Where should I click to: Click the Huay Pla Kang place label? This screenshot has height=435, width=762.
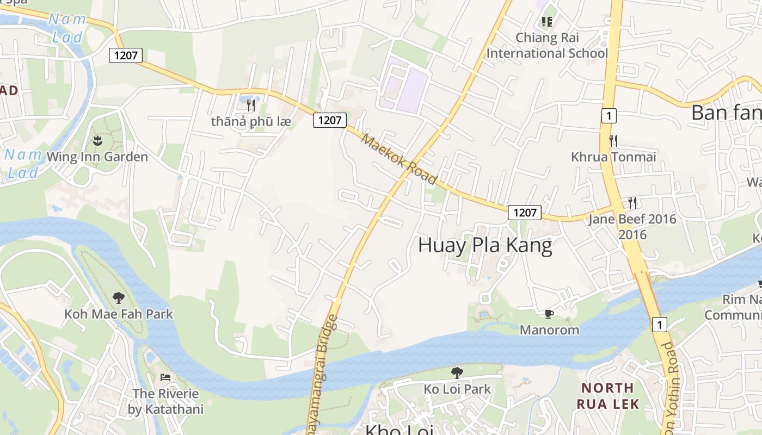(485, 246)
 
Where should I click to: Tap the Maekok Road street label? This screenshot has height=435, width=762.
(400, 159)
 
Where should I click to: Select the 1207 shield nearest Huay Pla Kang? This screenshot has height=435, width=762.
(525, 213)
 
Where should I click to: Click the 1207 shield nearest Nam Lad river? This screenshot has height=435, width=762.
(126, 55)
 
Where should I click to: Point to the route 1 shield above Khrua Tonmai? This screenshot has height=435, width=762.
(609, 115)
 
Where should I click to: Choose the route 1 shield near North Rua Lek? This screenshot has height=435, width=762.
(659, 325)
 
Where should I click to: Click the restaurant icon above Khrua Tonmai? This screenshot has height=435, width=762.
(613, 141)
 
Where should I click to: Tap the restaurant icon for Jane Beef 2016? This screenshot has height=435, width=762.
(632, 203)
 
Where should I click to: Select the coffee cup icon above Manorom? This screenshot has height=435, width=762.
(549, 314)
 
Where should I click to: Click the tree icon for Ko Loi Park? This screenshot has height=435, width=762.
(457, 372)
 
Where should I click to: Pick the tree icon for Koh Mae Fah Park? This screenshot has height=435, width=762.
(118, 297)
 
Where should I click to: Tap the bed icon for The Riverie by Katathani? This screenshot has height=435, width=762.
(165, 377)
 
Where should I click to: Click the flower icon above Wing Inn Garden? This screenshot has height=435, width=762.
(97, 141)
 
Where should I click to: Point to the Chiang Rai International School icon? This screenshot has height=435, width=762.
(546, 22)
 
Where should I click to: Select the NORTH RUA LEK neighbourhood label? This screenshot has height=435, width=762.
(607, 396)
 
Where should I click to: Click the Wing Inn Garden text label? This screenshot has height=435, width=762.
(97, 157)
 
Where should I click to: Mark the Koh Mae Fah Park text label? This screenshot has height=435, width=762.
(118, 314)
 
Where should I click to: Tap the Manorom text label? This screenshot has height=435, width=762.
(549, 330)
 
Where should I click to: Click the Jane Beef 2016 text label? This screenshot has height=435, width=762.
(632, 226)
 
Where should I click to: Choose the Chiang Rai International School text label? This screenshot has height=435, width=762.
(546, 46)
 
